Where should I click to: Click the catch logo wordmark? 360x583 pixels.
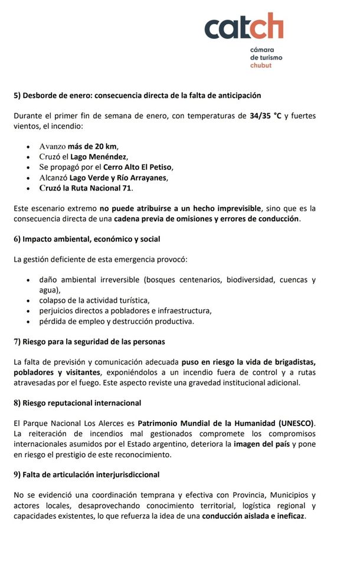pos(244,27)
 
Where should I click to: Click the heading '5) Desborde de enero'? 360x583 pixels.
pos(137,95)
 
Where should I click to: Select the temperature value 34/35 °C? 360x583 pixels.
pos(266,116)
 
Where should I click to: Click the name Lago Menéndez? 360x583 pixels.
pos(99,157)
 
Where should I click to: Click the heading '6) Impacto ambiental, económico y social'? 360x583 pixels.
pos(87,239)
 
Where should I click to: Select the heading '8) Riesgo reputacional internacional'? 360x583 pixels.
pos(77,403)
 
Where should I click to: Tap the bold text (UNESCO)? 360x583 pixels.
pos(296,423)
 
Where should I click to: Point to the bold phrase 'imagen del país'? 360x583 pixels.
pos(262,444)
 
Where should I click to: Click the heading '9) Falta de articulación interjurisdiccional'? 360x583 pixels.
pos(87,474)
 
